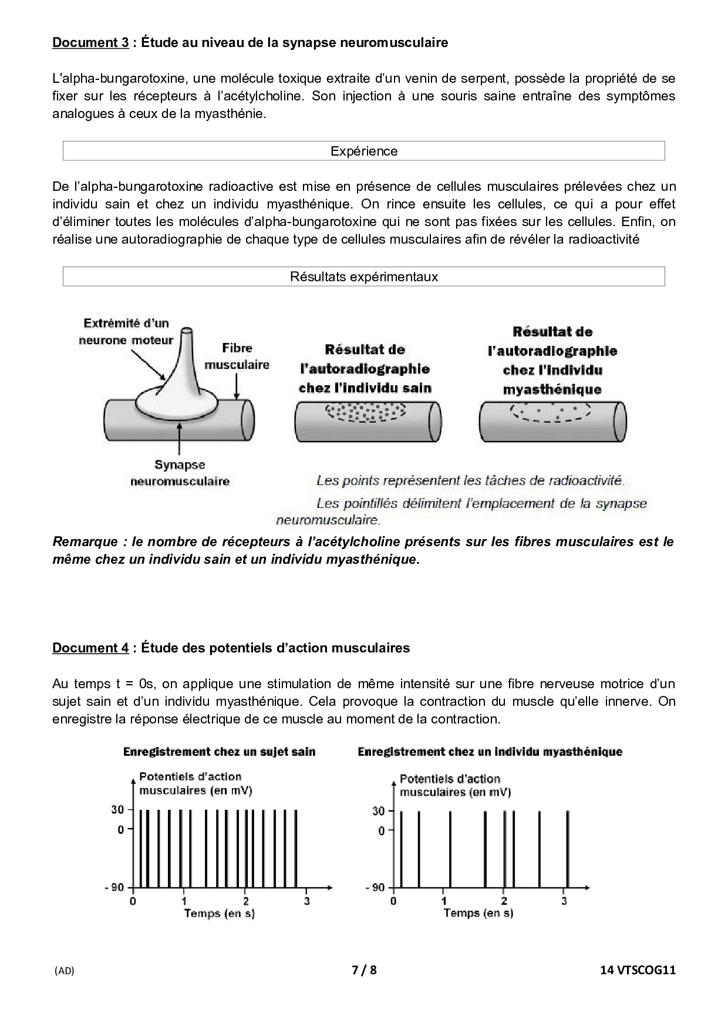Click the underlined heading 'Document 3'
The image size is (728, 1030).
click(90, 43)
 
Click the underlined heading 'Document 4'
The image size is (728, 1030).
click(90, 648)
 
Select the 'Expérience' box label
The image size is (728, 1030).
click(363, 151)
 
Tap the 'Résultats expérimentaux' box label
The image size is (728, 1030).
click(363, 277)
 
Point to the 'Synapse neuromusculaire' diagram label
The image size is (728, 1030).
click(180, 473)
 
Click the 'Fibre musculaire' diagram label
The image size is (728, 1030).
click(237, 356)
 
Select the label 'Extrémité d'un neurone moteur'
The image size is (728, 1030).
click(126, 331)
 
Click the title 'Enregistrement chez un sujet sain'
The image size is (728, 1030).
click(219, 752)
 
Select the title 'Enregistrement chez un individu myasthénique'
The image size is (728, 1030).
click(490, 752)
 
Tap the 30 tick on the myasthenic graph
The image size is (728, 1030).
click(378, 811)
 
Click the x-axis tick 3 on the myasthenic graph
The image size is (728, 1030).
click(564, 901)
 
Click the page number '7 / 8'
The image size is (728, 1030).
click(363, 970)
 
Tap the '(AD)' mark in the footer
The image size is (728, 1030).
click(64, 971)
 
